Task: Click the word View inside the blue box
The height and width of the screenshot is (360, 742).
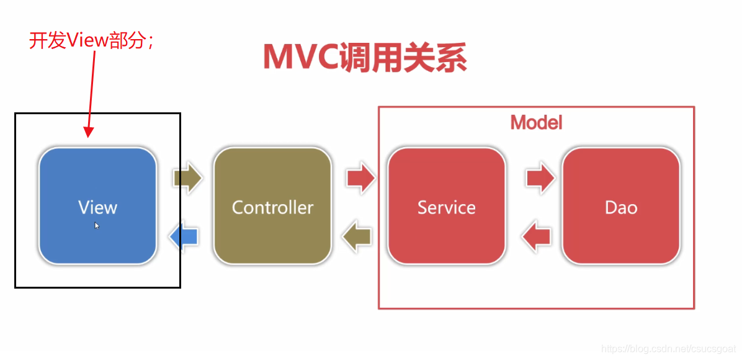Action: pyautogui.click(x=97, y=207)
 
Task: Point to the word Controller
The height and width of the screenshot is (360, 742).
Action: pyautogui.click(x=272, y=207)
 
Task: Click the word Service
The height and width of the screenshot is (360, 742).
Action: pyautogui.click(x=447, y=207)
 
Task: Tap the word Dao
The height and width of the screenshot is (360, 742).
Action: pyautogui.click(x=621, y=207)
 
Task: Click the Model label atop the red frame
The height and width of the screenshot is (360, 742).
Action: pyautogui.click(x=536, y=122)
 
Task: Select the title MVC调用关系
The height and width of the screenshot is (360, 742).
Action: pyautogui.click(x=365, y=58)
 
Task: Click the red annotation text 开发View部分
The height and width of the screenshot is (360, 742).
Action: pyautogui.click(x=91, y=40)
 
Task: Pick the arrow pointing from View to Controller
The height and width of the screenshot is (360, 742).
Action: pyautogui.click(x=188, y=179)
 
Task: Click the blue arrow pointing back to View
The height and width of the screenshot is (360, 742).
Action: pyautogui.click(x=184, y=236)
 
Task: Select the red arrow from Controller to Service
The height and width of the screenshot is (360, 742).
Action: pyautogui.click(x=361, y=179)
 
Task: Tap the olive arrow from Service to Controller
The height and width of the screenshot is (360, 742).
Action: pyautogui.click(x=358, y=236)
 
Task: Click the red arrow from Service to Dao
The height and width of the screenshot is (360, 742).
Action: pyautogui.click(x=540, y=179)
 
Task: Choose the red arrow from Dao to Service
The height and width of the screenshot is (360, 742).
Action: pyautogui.click(x=537, y=236)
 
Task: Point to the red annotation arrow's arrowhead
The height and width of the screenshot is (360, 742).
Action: pyautogui.click(x=88, y=132)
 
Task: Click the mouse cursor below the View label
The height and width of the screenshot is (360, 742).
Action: pyautogui.click(x=97, y=225)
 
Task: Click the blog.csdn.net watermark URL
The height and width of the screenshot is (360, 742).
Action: pyautogui.click(x=669, y=349)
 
